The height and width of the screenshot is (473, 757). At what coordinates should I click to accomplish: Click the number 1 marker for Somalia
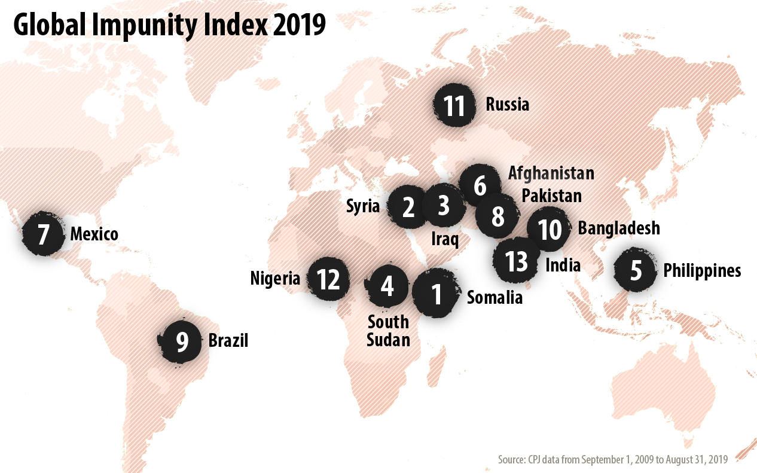[x=437, y=293]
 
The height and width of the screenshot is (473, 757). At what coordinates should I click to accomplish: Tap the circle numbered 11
[x=454, y=105]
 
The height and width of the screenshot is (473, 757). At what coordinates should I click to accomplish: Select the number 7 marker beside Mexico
[x=43, y=234]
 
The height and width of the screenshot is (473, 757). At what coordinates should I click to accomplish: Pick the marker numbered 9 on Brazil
[x=182, y=341]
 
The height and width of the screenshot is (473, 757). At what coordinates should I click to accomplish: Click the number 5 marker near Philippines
[x=636, y=270]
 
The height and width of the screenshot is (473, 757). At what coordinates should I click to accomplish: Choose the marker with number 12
[x=328, y=279]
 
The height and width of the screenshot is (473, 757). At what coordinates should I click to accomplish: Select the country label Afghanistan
[x=551, y=173]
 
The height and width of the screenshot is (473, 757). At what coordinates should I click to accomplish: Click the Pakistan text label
[x=551, y=196]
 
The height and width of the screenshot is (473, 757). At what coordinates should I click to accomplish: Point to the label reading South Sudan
[x=388, y=331]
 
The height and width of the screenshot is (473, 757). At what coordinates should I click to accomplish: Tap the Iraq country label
[x=445, y=240]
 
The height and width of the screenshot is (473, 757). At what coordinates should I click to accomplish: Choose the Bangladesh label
[x=618, y=228]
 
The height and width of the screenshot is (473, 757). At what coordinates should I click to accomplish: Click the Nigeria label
[x=275, y=278]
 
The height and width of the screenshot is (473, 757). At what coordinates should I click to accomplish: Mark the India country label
[x=563, y=264]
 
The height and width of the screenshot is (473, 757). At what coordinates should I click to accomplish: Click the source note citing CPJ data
[x=612, y=459]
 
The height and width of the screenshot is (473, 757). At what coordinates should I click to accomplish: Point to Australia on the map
[x=670, y=383]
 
